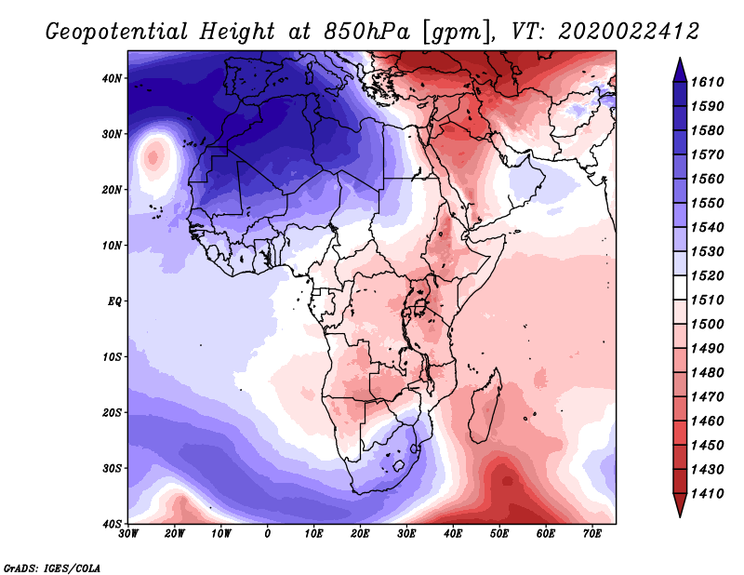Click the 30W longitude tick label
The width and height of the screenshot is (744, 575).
tap(128, 534)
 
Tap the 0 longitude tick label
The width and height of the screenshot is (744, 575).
tap(268, 534)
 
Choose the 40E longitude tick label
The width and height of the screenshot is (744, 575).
tap(453, 534)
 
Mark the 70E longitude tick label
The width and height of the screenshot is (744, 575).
tap(592, 534)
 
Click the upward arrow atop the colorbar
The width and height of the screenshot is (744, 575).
tap(679, 67)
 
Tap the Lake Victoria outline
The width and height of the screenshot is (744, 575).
tap(420, 306)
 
